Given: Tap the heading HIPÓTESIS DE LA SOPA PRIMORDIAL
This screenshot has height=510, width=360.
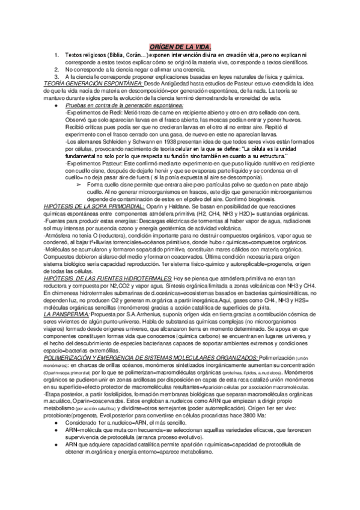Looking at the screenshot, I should point(94,206).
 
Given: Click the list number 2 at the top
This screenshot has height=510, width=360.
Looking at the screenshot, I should point(56,69).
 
